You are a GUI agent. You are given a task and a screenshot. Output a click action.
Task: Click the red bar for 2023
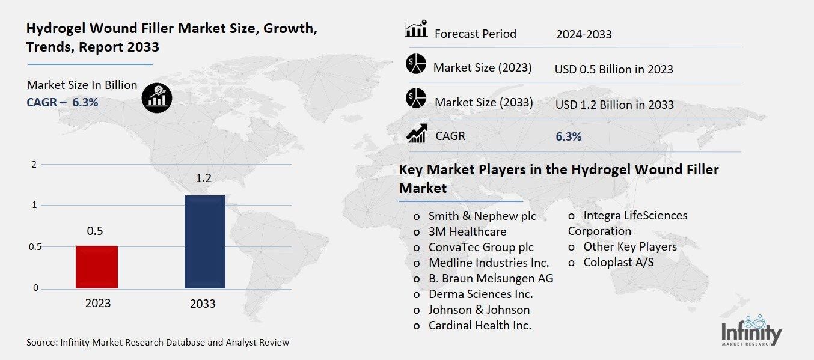point(96,267)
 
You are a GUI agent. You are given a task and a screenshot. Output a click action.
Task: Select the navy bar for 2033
point(204,242)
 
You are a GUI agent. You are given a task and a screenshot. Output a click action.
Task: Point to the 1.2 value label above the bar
point(204,178)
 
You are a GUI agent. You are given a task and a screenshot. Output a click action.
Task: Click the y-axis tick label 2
point(34,165)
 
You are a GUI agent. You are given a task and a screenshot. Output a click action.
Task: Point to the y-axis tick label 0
point(35,288)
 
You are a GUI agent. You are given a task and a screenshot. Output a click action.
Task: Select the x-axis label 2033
point(203,304)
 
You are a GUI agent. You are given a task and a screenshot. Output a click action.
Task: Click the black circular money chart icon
point(157,97)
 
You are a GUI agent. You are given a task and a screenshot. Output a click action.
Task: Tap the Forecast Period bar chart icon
point(416,29)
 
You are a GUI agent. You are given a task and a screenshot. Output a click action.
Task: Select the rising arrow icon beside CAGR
point(416,133)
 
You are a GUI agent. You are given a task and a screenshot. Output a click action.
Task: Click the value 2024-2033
point(583,34)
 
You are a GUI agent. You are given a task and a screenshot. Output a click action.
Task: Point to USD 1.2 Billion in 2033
point(614,105)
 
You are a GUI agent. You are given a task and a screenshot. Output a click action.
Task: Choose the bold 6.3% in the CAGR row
point(568,137)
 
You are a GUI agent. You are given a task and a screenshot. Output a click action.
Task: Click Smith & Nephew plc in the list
point(482,216)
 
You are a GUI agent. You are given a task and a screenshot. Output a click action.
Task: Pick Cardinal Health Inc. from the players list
point(479,325)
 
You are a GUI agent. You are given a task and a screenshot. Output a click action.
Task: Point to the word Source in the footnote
point(41,343)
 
